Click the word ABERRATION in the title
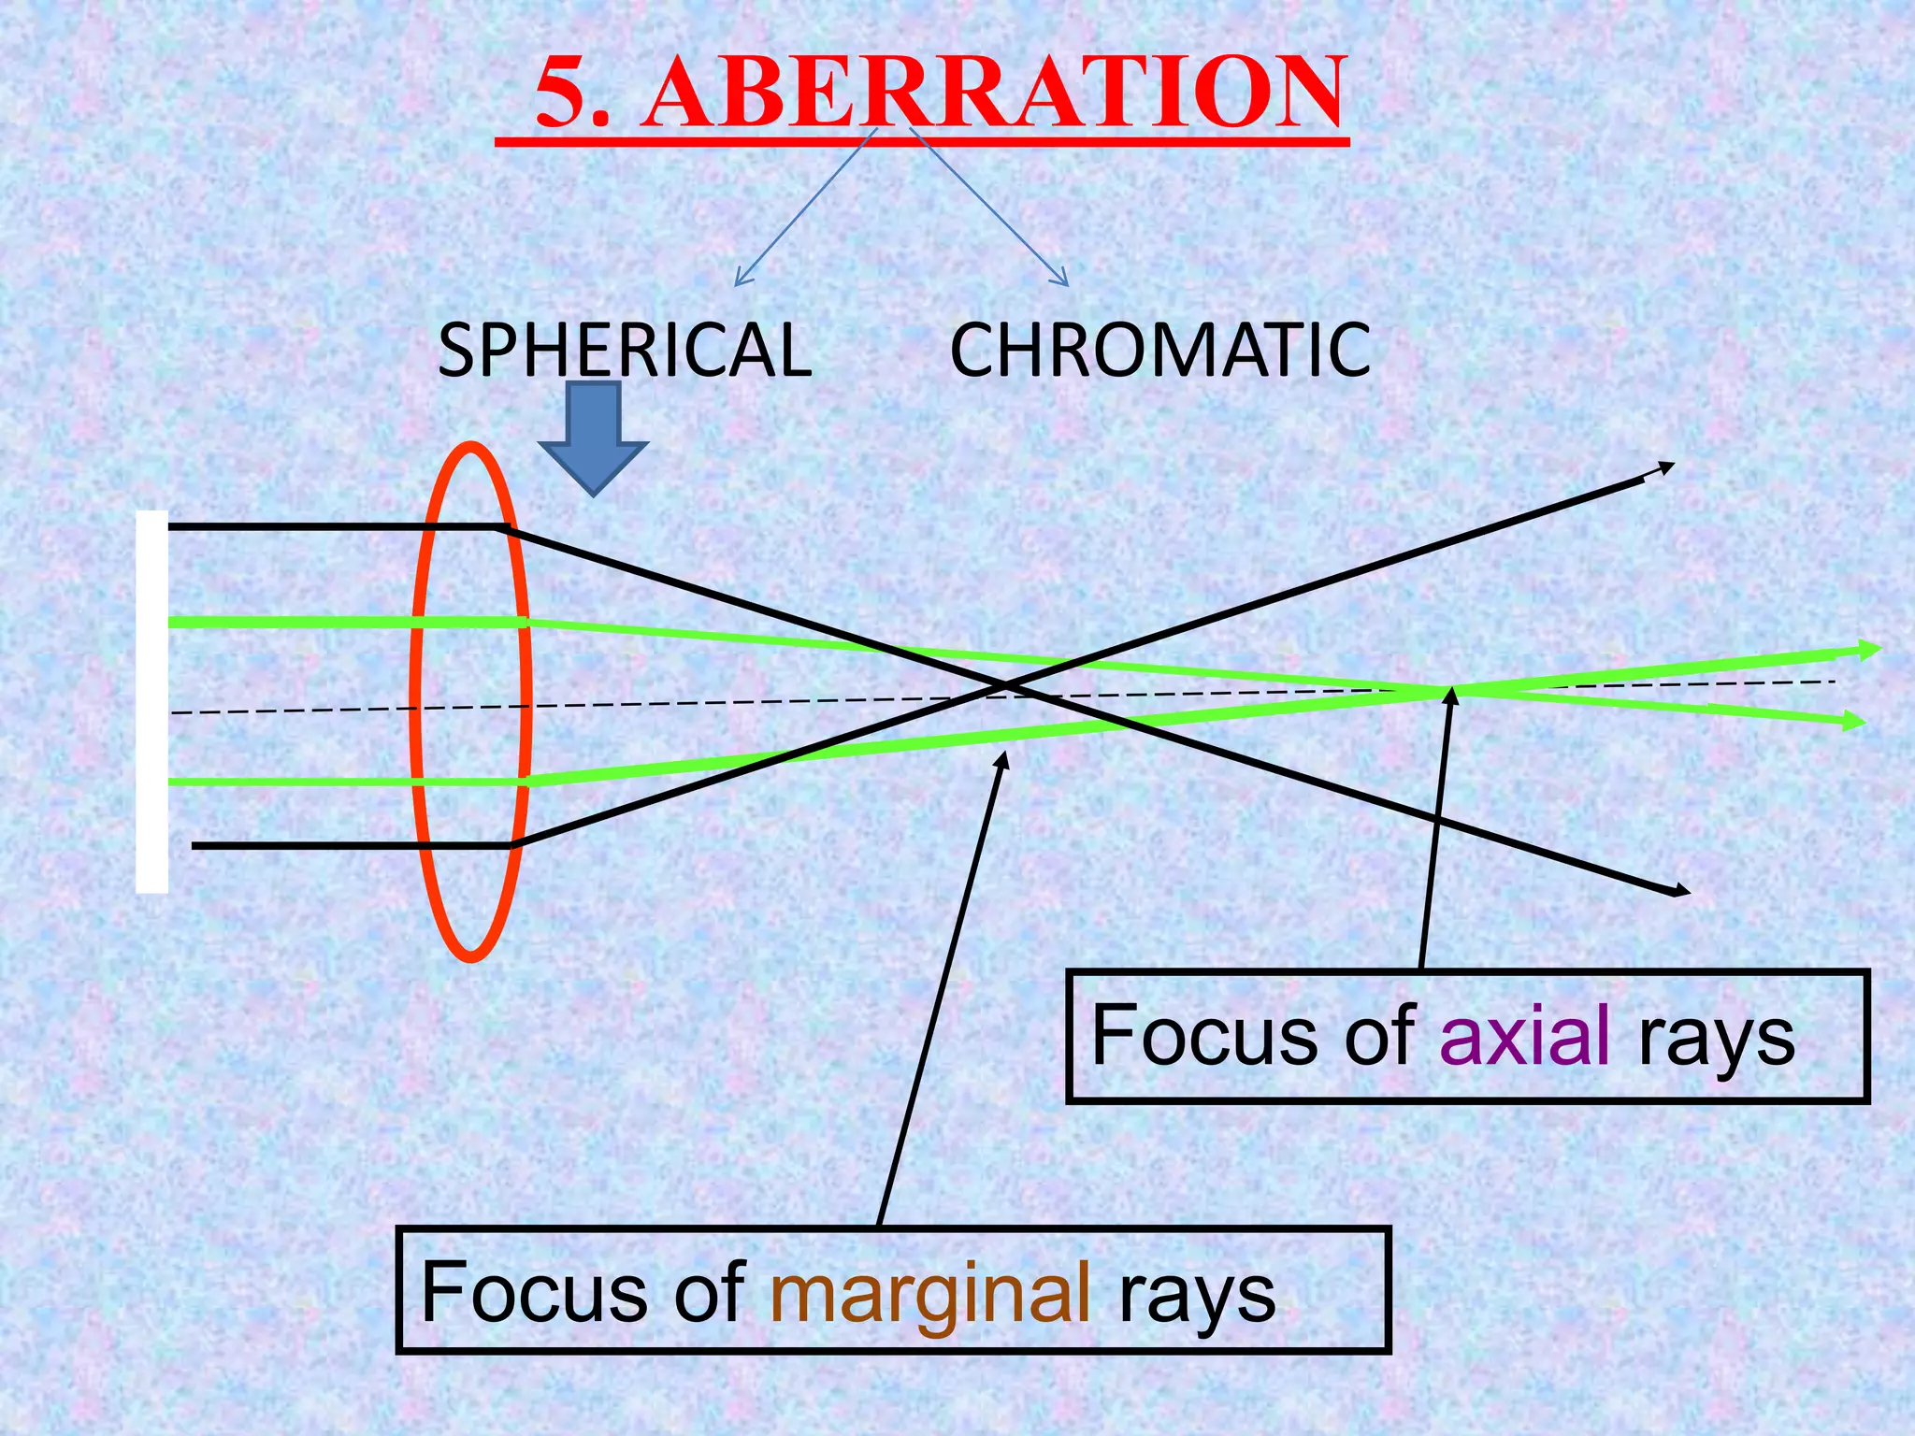coord(996,93)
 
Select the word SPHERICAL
coord(625,350)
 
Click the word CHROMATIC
coord(1160,350)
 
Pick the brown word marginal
coord(931,1292)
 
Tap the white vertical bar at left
coord(152,701)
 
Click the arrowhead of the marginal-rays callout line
coord(1005,756)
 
